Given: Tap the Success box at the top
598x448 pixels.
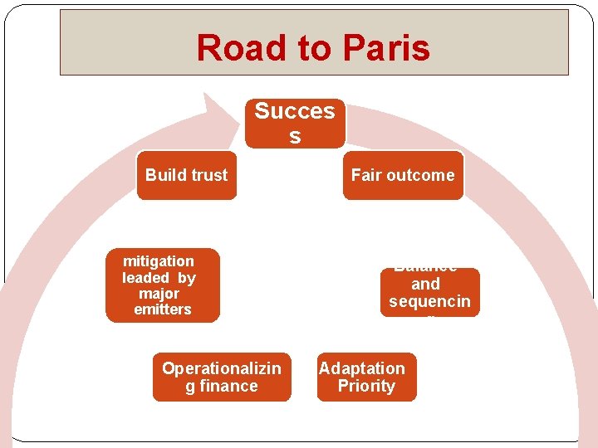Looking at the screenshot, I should pyautogui.click(x=295, y=124).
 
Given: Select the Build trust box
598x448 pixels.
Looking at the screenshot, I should pyautogui.click(x=186, y=175).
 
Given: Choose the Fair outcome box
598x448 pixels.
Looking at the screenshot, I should pyautogui.click(x=403, y=175).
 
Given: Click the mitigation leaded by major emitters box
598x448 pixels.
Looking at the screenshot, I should pyautogui.click(x=162, y=285).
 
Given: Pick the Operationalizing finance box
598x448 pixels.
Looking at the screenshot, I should pyautogui.click(x=222, y=377).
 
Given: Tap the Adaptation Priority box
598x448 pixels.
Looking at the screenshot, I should pyautogui.click(x=366, y=377).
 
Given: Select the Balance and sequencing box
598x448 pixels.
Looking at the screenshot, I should pyautogui.click(x=430, y=292).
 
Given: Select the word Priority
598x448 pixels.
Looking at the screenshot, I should pyautogui.click(x=366, y=387).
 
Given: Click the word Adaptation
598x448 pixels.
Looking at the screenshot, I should pyautogui.click(x=362, y=368).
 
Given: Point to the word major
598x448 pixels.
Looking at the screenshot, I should pyautogui.click(x=159, y=294).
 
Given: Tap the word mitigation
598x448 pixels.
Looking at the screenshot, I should pyautogui.click(x=158, y=261).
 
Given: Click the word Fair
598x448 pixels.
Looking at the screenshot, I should pyautogui.click(x=365, y=175).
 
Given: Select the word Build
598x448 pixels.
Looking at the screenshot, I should pyautogui.click(x=164, y=175).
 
